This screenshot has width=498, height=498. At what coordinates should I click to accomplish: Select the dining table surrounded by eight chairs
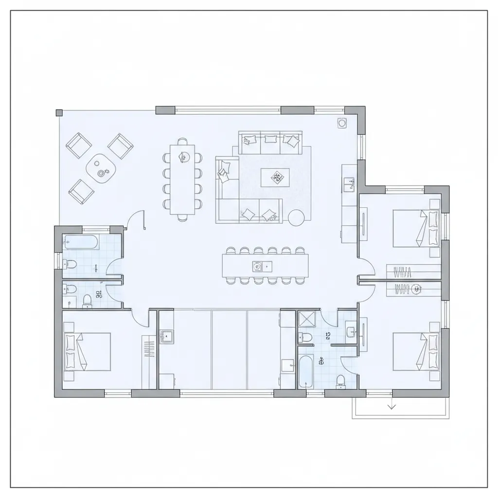(x=182, y=179)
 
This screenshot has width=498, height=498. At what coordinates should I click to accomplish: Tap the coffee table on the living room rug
(x=275, y=178)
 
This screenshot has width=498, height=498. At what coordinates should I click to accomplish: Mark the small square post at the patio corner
(x=59, y=113)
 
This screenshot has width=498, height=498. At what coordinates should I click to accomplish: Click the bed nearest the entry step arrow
(x=416, y=351)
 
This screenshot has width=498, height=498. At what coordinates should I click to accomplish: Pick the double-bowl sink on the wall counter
(x=350, y=182)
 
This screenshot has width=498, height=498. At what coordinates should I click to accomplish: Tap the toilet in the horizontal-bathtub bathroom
(x=71, y=265)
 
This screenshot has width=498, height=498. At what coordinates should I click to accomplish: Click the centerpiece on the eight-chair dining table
(x=184, y=156)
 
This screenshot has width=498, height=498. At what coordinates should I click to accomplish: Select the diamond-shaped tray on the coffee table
(x=276, y=178)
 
